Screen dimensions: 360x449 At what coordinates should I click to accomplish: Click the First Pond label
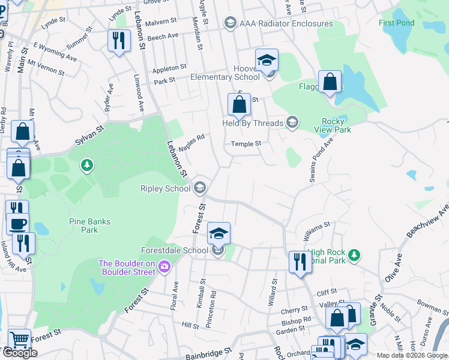click(x=397, y=23)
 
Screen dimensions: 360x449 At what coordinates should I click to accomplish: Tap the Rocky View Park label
click(x=333, y=125)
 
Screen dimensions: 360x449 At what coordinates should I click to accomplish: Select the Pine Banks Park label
click(x=89, y=226)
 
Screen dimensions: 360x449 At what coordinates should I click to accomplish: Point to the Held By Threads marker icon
click(x=292, y=124)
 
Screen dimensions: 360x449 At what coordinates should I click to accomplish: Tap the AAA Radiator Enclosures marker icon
click(x=230, y=23)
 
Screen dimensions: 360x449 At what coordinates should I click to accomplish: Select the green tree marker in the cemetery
click(x=88, y=164)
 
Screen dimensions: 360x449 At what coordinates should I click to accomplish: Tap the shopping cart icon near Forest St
click(x=19, y=340)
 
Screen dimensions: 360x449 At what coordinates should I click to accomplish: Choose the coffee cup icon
click(x=17, y=223)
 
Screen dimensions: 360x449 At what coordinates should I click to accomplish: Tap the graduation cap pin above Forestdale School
click(x=218, y=233)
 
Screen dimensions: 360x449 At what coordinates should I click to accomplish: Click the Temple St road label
click(x=247, y=144)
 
